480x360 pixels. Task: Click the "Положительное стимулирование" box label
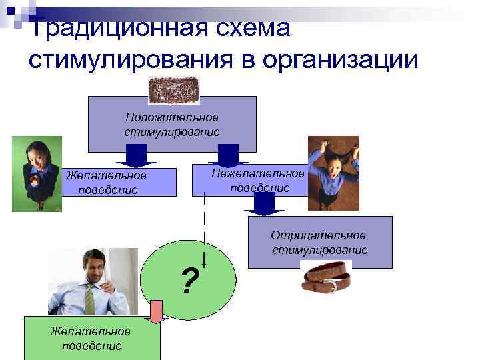(172, 124)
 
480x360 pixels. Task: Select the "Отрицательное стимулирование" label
(319, 243)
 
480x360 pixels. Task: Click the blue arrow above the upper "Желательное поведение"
(136, 155)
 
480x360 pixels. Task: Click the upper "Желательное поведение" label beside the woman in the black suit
(107, 182)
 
